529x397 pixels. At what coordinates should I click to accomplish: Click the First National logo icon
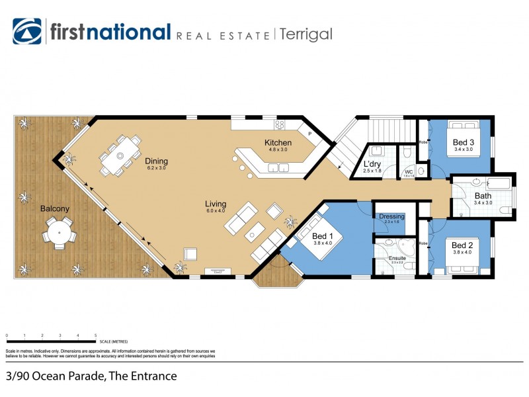tap(27, 32)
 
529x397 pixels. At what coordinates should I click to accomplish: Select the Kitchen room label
tap(278, 143)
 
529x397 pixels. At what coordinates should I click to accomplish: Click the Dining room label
tap(156, 161)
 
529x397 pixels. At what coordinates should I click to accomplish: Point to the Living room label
tap(216, 204)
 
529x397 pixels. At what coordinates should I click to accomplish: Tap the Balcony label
tap(54, 208)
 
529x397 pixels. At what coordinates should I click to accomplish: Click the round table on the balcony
tap(60, 233)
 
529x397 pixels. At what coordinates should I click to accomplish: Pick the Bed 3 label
tap(463, 142)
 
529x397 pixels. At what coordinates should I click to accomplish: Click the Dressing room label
tap(391, 216)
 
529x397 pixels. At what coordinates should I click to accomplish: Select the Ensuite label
tap(397, 258)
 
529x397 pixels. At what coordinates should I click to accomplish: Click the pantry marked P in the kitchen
tap(309, 132)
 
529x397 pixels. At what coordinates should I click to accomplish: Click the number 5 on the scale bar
tap(96, 335)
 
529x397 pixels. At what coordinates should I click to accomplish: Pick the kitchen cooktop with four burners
tap(280, 124)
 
